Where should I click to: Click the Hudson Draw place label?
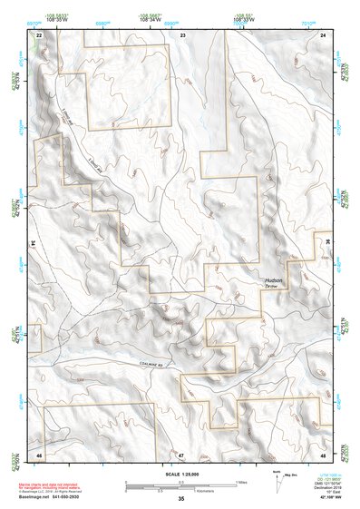coord(274,283)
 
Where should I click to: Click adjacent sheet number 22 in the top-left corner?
coord(40,34)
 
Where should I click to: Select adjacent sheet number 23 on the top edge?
coord(182,34)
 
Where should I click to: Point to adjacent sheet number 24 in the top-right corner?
coord(323,34)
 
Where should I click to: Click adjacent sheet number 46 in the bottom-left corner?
coord(40,453)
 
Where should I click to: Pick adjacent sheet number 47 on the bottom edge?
coord(180,453)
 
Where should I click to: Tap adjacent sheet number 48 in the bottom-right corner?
coord(323,453)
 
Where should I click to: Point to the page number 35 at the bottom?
coord(181,499)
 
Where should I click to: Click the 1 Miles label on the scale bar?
coord(239,482)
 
